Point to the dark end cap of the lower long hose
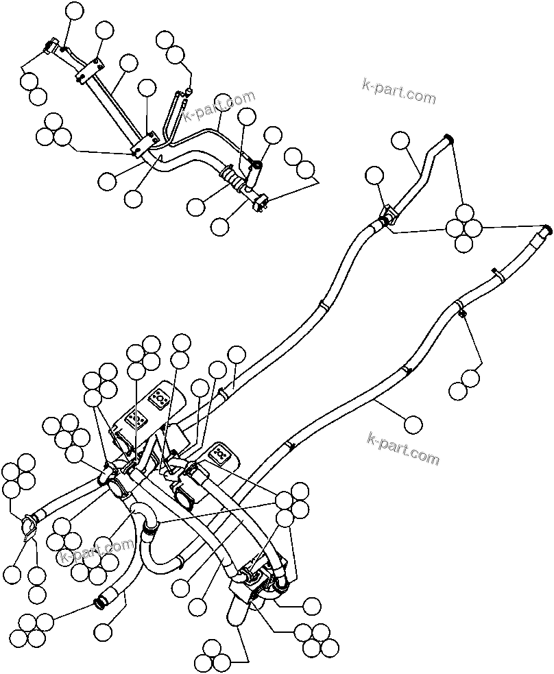point(547,229)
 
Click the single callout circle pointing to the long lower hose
point(413,424)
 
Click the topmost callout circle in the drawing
point(74,10)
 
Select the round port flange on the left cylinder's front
point(119,489)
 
